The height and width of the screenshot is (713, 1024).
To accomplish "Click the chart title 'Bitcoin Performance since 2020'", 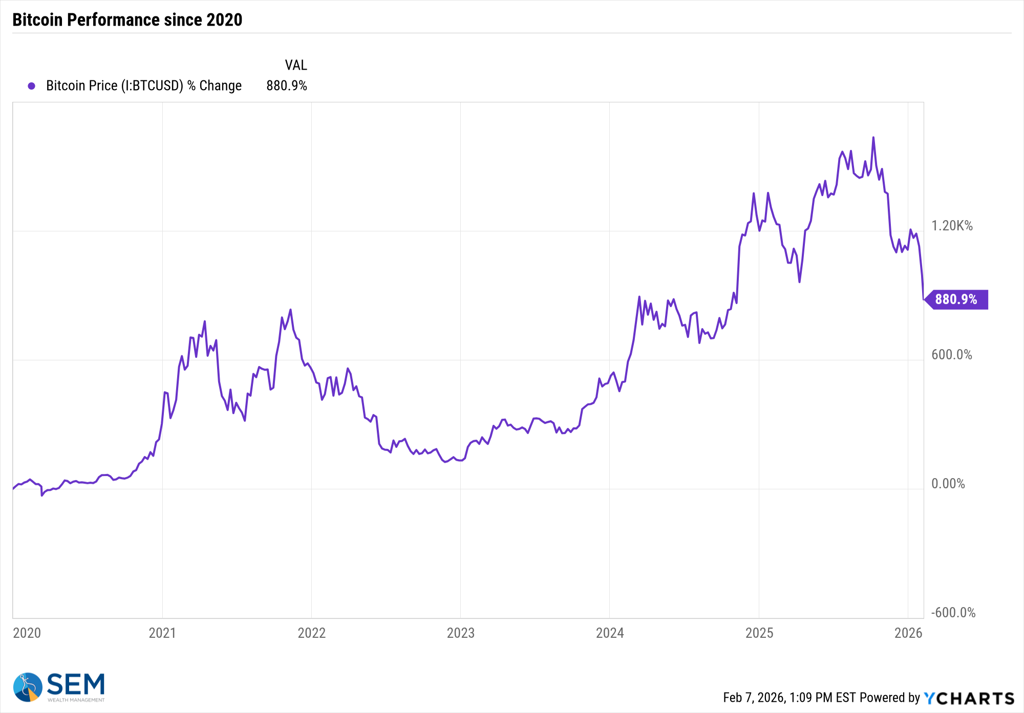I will pyautogui.click(x=127, y=20).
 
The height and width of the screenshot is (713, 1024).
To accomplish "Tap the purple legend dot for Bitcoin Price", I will pyautogui.click(x=32, y=86).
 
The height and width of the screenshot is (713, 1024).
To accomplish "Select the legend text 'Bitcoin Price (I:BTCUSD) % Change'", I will pyautogui.click(x=144, y=85).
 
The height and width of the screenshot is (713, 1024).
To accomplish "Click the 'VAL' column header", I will pyautogui.click(x=296, y=66).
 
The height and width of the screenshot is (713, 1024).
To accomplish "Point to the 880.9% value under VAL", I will pyautogui.click(x=286, y=85).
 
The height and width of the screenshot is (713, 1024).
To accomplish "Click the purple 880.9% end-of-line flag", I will pyautogui.click(x=956, y=299).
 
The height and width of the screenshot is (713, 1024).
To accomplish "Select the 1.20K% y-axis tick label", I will pyautogui.click(x=952, y=226).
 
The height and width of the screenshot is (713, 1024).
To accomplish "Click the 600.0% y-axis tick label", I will pyautogui.click(x=951, y=355).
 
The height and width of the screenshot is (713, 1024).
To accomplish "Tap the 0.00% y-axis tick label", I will pyautogui.click(x=948, y=484).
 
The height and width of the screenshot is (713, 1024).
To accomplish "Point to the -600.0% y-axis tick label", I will pyautogui.click(x=953, y=613).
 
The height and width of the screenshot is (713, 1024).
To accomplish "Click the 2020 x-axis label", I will pyautogui.click(x=27, y=633).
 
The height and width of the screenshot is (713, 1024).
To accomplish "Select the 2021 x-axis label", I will pyautogui.click(x=162, y=633).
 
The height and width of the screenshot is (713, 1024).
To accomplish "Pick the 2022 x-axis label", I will pyautogui.click(x=311, y=633).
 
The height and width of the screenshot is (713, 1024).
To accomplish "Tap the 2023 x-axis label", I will pyautogui.click(x=460, y=633).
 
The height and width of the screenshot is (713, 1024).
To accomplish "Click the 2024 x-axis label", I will pyautogui.click(x=610, y=633).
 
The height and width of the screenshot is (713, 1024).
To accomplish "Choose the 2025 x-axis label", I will pyautogui.click(x=759, y=633).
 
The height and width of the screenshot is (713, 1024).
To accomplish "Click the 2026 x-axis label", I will pyautogui.click(x=908, y=633).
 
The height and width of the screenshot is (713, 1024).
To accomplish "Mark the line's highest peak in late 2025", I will pyautogui.click(x=873, y=138).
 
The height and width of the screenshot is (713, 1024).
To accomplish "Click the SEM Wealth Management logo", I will pyautogui.click(x=59, y=687).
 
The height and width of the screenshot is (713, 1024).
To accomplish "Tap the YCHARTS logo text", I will pyautogui.click(x=969, y=698).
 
